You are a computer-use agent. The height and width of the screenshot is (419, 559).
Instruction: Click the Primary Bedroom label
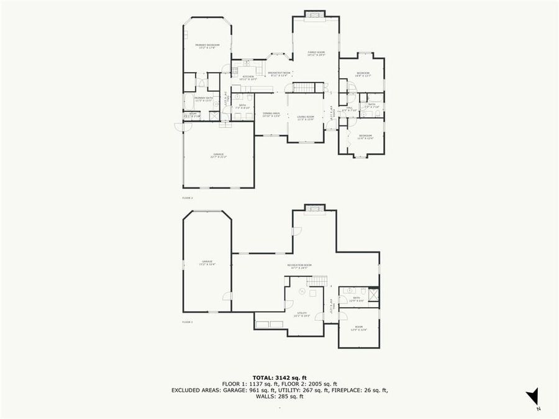pos(207,46)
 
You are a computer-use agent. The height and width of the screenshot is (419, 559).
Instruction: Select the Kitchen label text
pos(248,78)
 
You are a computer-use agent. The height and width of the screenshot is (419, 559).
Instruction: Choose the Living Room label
pos(305,118)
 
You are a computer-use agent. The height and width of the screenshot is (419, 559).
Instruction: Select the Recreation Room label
pos(299,266)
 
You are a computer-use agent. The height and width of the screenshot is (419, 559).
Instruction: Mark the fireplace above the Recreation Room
pos(312,207)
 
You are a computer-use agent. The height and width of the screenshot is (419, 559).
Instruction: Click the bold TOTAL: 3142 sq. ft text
pos(279,377)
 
